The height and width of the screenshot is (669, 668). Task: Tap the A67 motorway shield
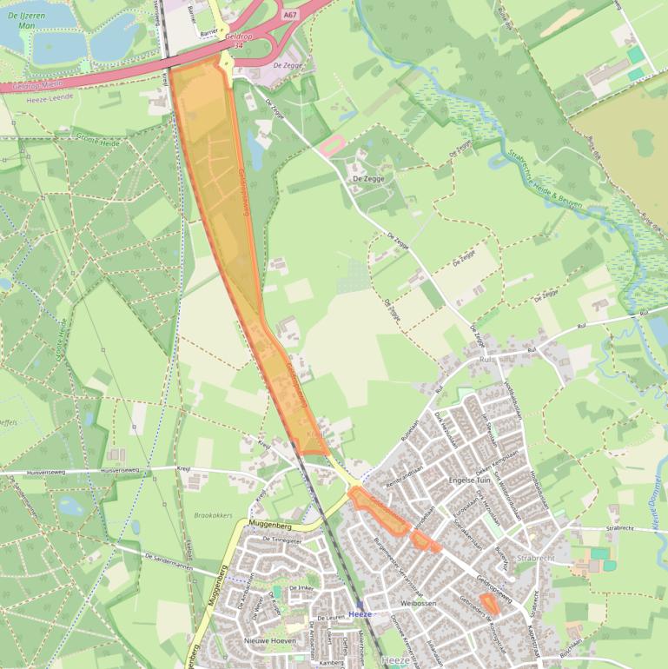[290, 14]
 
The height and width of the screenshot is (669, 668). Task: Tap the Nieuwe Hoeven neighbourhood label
[266, 641]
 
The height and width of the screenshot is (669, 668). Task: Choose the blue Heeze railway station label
[359, 613]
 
